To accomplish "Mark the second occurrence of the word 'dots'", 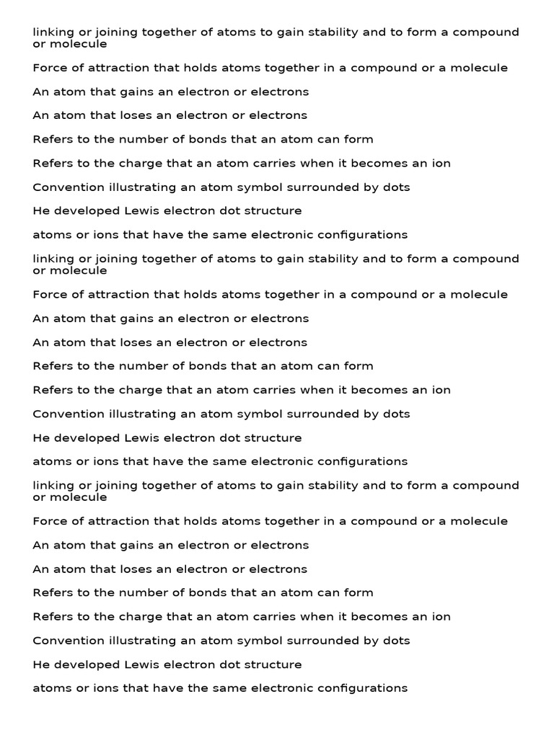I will (396, 414).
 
